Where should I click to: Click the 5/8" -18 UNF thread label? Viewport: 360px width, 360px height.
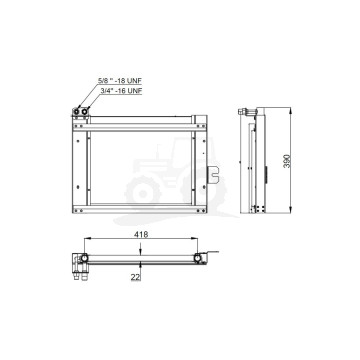(118, 81)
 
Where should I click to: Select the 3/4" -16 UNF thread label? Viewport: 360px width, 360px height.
(121, 91)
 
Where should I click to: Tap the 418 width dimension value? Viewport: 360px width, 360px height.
(141, 234)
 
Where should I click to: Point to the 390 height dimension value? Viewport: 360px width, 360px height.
(287, 161)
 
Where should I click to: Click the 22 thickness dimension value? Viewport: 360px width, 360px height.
(135, 277)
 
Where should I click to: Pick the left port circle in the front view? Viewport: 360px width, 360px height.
(77, 112)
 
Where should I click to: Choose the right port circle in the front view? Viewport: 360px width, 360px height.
(85, 112)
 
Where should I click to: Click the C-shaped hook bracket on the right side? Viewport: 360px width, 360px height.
(212, 175)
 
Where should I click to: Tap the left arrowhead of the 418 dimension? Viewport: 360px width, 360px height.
(87, 238)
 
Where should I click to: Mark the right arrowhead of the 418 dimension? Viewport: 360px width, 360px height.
(195, 238)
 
